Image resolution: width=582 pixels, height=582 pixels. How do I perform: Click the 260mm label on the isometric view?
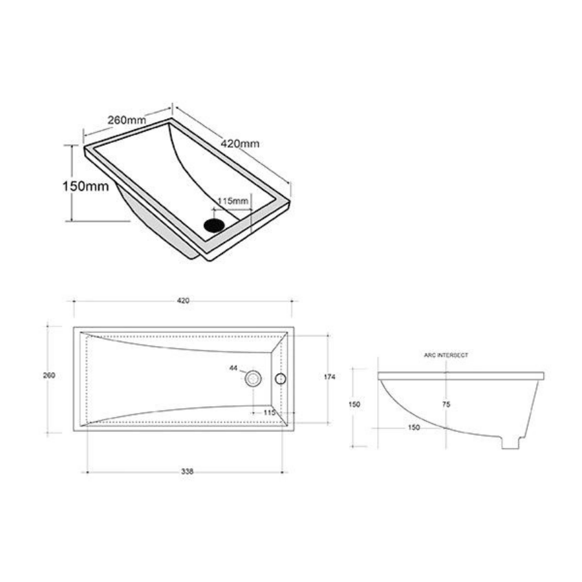click(x=126, y=120)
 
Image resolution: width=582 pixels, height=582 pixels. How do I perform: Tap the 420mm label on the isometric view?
click(x=240, y=143)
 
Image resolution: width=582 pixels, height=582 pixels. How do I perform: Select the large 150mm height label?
click(x=85, y=186)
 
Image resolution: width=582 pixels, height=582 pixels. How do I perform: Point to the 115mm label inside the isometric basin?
click(x=233, y=201)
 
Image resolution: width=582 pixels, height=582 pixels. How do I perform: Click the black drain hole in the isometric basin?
click(x=214, y=225)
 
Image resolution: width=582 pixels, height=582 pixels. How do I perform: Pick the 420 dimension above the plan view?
click(x=183, y=301)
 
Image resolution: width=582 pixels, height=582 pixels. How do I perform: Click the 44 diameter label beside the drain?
click(x=233, y=368)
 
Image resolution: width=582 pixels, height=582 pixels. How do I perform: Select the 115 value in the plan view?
click(x=270, y=412)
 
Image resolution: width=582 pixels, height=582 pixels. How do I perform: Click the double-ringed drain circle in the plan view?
click(x=253, y=379)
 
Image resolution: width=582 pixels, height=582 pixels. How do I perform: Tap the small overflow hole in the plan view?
click(x=281, y=379)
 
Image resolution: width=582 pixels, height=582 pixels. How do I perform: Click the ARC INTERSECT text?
click(x=446, y=355)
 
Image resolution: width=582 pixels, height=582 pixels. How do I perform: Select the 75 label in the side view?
click(x=446, y=404)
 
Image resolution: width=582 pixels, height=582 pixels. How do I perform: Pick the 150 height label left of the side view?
click(x=354, y=405)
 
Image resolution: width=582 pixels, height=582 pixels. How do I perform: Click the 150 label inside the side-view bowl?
click(x=414, y=427)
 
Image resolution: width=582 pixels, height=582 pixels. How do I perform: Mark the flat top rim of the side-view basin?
click(x=460, y=376)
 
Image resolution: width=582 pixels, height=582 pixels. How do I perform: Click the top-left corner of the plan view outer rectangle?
click(x=74, y=328)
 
